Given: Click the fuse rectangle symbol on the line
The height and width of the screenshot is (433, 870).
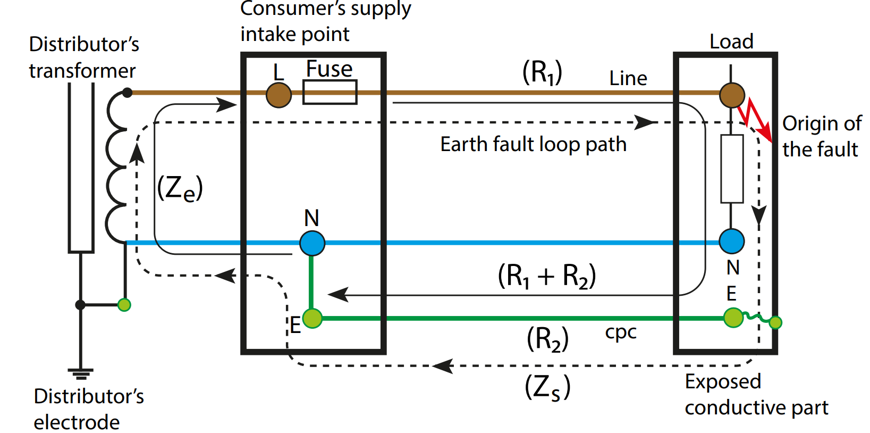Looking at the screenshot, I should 330,92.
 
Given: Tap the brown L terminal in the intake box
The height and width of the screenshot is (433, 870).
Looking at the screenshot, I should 278,95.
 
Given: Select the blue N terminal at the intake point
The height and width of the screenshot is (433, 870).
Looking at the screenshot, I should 312,243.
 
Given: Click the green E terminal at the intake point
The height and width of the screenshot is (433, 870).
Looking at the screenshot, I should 312,318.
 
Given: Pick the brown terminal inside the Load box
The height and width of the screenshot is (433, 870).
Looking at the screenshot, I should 732,95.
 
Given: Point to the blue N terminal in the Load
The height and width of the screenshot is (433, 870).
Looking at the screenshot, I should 731,241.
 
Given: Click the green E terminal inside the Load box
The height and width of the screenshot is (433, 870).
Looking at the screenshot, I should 733,318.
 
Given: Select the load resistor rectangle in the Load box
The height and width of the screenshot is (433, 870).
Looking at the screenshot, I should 731,169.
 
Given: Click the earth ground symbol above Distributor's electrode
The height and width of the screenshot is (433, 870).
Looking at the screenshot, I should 80,373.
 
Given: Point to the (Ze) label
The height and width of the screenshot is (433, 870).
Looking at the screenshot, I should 180,188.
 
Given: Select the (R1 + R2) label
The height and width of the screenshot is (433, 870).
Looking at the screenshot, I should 546,276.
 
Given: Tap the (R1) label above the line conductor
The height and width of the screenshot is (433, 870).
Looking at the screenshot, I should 542,72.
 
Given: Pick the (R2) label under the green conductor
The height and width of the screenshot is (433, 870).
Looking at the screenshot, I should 547,339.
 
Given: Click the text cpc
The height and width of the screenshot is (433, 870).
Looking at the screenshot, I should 620,332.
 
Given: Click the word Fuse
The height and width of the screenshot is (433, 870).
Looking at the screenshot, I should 329,69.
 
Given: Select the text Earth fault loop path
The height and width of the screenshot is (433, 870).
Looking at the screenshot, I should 533,144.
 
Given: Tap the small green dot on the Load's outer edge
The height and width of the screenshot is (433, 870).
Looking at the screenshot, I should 775,322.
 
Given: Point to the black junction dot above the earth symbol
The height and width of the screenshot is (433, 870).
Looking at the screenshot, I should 80,305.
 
